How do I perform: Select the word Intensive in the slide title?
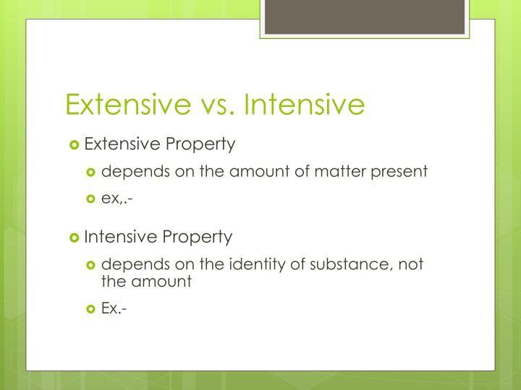click(x=304, y=104)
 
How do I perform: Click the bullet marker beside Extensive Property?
click(x=74, y=144)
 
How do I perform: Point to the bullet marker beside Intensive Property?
click(x=74, y=237)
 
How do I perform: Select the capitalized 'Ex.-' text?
click(x=115, y=308)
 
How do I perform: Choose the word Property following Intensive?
click(x=198, y=237)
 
